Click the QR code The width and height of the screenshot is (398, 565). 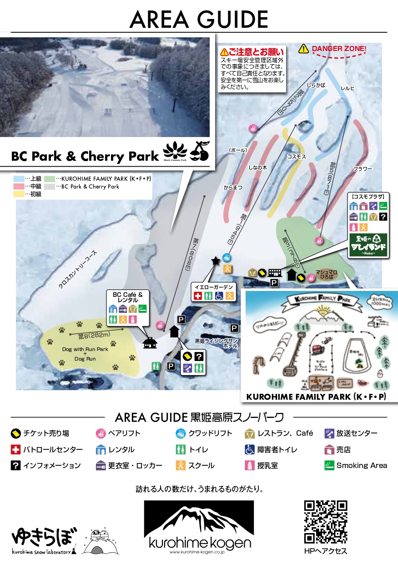tap(325, 522)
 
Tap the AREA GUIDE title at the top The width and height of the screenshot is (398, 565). tap(199, 19)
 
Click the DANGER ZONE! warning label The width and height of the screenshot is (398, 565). tap(339, 48)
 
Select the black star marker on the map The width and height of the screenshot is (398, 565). tap(215, 261)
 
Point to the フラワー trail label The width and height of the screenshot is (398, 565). tap(363, 169)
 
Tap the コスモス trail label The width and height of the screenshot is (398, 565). tap(296, 157)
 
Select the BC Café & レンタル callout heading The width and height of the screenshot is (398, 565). tap(128, 298)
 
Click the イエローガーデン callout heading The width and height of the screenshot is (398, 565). tap(213, 287)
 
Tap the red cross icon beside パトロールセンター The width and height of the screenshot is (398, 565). tap(16, 449)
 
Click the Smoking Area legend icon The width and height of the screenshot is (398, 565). tap(329, 465)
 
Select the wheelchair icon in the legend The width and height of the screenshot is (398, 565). tap(250, 449)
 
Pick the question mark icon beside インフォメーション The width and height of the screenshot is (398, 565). tap(16, 465)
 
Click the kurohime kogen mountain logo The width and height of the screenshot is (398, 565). tap(199, 526)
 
